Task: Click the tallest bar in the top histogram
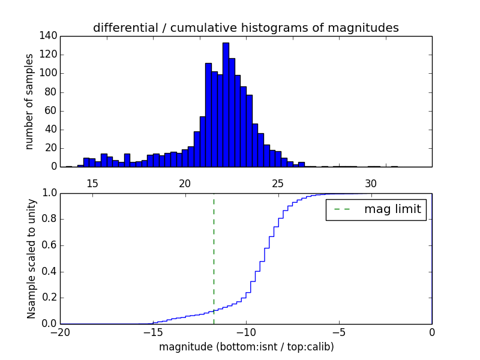226,105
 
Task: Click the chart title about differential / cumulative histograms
245,28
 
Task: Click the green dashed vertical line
214,258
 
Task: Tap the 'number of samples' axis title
29,101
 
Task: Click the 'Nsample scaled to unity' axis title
31,258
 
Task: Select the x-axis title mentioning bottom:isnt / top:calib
246,347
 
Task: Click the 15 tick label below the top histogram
92,183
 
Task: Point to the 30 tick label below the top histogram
371,183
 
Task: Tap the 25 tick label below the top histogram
278,183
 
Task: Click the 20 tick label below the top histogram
185,183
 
